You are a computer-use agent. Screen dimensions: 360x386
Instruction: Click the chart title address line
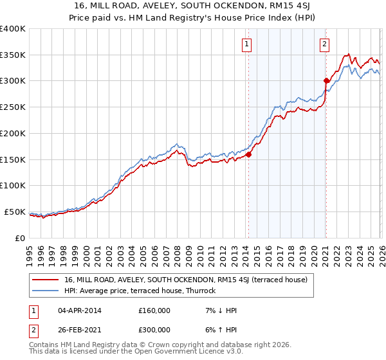click(193, 6)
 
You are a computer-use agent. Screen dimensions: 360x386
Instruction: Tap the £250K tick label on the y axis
click(13, 107)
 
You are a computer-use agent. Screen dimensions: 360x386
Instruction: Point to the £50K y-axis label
click(15, 212)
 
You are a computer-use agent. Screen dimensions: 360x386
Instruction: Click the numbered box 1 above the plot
click(248, 44)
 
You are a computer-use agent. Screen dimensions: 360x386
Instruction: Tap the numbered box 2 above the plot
click(324, 44)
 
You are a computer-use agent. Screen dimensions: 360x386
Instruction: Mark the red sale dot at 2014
click(248, 154)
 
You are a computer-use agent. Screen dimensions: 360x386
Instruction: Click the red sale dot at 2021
click(326, 81)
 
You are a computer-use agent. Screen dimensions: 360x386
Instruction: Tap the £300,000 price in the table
click(154, 330)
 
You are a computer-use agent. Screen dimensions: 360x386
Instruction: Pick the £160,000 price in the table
click(154, 310)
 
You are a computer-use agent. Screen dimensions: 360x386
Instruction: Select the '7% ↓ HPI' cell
click(219, 310)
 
